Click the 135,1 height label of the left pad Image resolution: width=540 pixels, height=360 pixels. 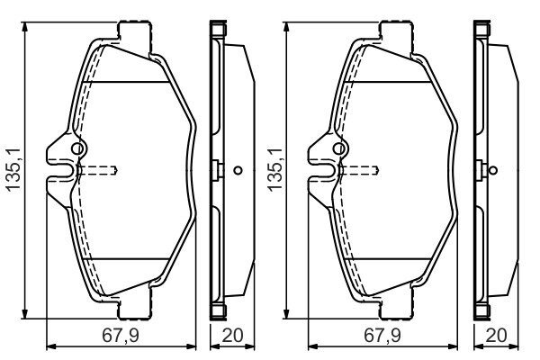(14, 170)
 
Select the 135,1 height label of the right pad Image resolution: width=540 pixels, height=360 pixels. (275, 170)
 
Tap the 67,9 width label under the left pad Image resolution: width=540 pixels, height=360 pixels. (121, 336)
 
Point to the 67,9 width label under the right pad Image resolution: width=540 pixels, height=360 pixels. (382, 336)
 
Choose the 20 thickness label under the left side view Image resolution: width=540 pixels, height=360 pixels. (232, 336)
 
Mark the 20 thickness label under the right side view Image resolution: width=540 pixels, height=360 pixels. (496, 336)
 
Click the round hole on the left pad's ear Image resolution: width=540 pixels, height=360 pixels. (77, 148)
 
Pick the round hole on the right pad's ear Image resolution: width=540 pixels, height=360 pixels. (339, 148)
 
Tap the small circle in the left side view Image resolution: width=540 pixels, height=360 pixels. (238, 170)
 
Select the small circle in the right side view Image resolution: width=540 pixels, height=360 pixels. (493, 170)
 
